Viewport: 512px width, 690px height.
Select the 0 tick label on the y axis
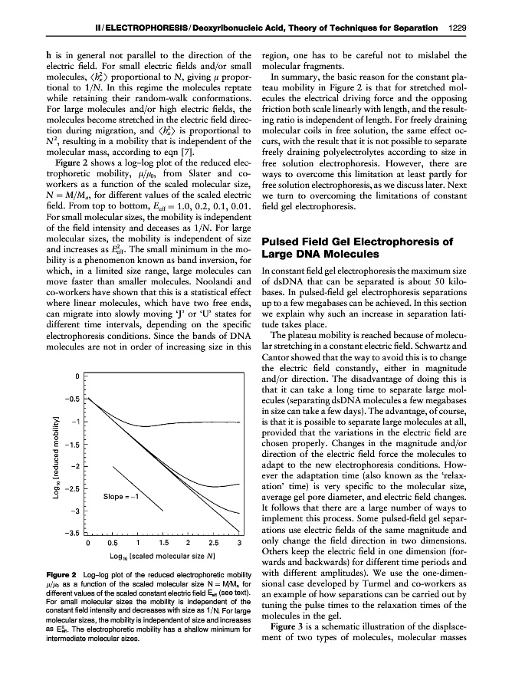click(x=77, y=376)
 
